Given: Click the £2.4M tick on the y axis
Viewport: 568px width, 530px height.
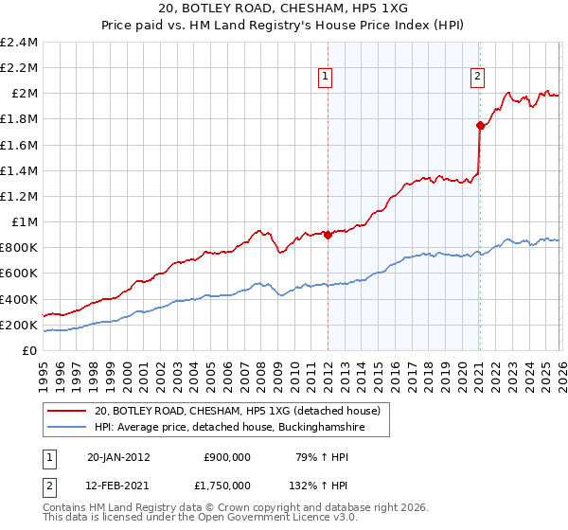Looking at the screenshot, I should coord(19,43).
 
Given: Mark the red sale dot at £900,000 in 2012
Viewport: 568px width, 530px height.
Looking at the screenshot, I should coord(328,236).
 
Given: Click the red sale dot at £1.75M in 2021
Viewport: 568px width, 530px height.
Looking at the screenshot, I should coord(480,125).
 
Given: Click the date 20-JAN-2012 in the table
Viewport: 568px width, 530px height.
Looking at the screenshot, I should coord(118,456).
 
